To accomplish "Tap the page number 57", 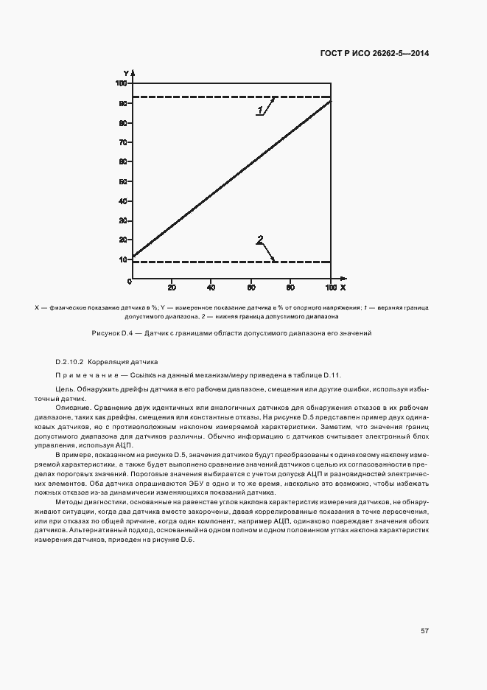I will [425, 630].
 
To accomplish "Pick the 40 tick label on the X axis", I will [211, 287].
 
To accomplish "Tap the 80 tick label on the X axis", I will [290, 287].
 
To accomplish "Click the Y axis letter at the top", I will [126, 73].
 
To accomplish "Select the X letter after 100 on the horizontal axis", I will [343, 287].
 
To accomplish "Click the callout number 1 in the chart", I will [260, 111].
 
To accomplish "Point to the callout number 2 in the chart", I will [260, 239].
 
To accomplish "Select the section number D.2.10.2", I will [71, 362].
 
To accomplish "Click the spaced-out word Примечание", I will [83, 375].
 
